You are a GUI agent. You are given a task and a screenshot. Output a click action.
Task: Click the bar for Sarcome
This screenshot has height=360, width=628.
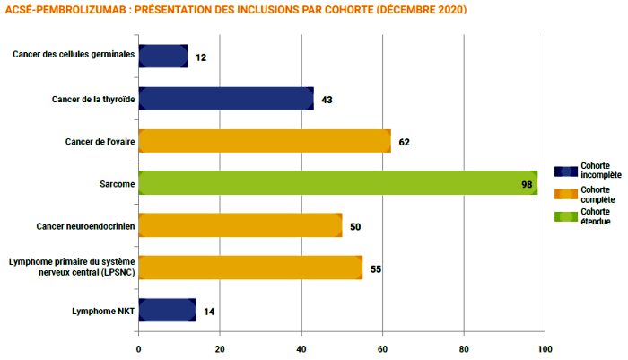(337, 183)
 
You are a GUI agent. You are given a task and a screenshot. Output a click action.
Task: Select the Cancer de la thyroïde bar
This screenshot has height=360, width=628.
(226, 99)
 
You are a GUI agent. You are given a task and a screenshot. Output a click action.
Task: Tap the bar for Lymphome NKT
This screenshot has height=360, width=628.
(167, 311)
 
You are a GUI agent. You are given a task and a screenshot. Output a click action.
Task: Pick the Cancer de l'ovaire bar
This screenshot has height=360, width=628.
(265, 141)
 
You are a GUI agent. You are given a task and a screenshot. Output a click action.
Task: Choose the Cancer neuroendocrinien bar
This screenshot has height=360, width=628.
(240, 226)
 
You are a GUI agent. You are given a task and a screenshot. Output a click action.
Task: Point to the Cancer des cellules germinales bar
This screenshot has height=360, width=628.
(163, 57)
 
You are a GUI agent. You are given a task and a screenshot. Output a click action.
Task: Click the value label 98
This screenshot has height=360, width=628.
(528, 184)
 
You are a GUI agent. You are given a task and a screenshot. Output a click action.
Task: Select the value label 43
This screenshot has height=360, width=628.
(327, 100)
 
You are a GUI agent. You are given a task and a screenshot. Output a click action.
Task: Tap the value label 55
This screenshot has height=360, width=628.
(376, 268)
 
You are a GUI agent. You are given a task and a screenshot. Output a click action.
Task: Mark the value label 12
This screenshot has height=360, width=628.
(201, 57)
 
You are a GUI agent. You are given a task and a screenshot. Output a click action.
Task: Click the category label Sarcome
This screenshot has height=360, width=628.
(118, 184)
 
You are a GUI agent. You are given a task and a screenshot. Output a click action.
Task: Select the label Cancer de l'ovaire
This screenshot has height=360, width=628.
(100, 142)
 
